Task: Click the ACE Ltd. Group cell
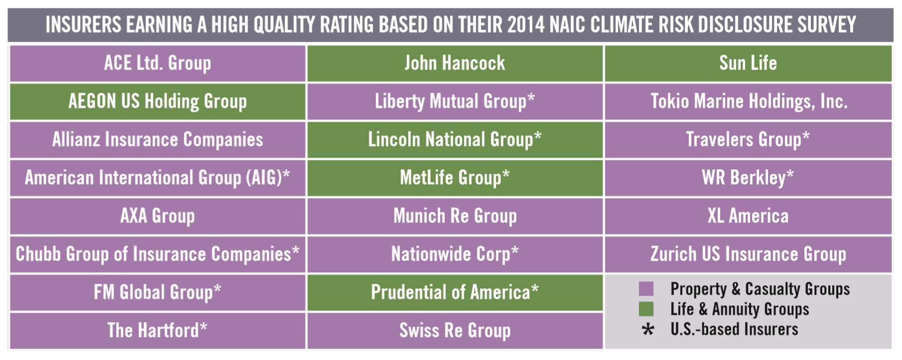point(157,63)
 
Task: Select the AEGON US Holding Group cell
point(157,102)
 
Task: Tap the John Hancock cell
point(455,63)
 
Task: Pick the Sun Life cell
point(748,63)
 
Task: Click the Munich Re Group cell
point(455,216)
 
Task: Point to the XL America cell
point(748,216)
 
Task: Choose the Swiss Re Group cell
point(455,331)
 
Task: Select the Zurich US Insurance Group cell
point(748,254)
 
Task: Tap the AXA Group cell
point(157,216)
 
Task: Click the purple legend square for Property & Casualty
point(646,289)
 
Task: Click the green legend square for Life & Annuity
point(646,309)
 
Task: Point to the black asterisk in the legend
point(647,330)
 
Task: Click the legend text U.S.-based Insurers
point(734,330)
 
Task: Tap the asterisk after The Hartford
point(203,327)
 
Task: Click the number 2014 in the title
point(526,24)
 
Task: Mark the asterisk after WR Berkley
point(790,175)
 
